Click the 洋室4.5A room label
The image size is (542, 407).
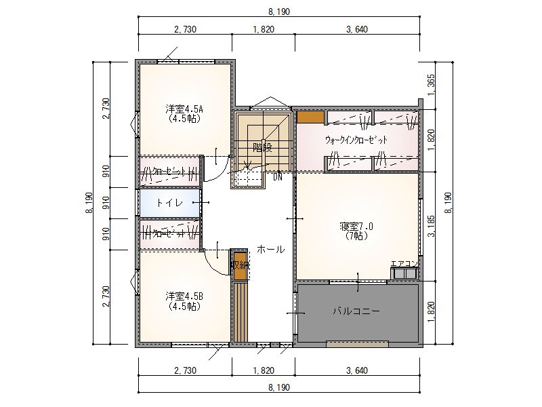[x=184, y=109]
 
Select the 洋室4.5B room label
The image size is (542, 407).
[x=184, y=296]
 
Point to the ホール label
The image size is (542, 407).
[x=270, y=249]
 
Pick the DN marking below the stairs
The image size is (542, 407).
[x=278, y=178]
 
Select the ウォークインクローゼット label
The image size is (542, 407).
[x=356, y=140]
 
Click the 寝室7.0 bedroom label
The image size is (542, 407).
[x=356, y=227]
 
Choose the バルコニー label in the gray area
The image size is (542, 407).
[x=356, y=311]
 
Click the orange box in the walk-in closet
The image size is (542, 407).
[x=310, y=117]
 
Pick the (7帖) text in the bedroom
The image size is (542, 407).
[x=356, y=236]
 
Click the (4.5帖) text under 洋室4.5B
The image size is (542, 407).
[x=184, y=306]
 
